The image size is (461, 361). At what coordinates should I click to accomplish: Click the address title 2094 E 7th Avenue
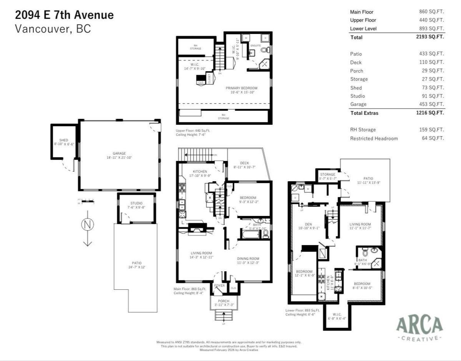(x=64, y=15)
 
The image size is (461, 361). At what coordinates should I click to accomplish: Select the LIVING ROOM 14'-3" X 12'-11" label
(x=201, y=255)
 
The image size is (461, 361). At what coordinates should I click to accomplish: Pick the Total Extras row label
(x=364, y=113)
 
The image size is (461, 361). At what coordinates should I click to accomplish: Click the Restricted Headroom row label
(x=374, y=138)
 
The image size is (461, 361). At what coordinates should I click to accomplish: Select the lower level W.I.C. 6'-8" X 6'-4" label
(x=337, y=316)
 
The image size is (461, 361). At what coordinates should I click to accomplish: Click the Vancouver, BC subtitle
(x=53, y=29)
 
